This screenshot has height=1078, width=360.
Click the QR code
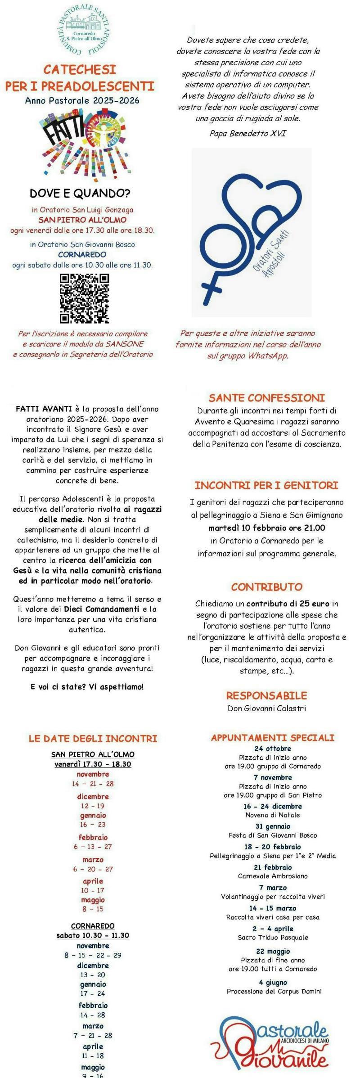[x=85, y=298]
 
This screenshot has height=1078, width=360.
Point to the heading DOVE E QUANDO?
[x=80, y=194]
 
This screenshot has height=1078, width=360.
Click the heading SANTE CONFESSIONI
[x=266, y=398]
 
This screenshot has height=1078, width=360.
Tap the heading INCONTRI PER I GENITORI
[x=266, y=485]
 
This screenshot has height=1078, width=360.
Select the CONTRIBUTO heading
[x=266, y=587]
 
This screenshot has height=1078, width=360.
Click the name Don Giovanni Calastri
[x=266, y=708]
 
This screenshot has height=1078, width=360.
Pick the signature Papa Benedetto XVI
[x=247, y=134]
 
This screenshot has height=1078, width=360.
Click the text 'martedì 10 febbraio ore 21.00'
[x=266, y=528]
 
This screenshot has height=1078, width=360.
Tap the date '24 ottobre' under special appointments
[x=272, y=749]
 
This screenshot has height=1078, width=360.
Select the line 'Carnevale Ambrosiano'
[x=272, y=876]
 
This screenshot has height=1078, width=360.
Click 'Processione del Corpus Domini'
[x=274, y=991]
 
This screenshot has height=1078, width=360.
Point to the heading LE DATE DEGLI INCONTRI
[x=93, y=739]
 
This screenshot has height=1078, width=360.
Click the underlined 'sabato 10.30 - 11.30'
[x=93, y=935]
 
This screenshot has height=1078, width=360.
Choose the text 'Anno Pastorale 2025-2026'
[x=82, y=100]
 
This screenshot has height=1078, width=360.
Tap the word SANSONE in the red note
[x=125, y=344]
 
